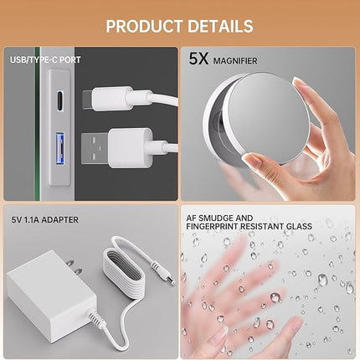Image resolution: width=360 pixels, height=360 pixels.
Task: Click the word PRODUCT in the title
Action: point(144,26)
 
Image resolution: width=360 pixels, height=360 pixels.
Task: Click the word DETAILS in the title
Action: point(220,26)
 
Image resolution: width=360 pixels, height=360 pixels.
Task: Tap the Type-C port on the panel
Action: point(60,100)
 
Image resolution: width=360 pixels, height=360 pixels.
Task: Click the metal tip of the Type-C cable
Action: point(88,100)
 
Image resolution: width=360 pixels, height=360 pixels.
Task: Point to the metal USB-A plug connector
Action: point(95,148)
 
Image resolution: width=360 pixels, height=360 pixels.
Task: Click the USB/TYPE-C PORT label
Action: point(45,59)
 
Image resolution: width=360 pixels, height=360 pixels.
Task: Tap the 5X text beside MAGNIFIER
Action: point(198,59)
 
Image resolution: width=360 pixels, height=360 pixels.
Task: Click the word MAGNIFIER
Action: point(235,61)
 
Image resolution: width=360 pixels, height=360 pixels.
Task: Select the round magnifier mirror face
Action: point(266,117)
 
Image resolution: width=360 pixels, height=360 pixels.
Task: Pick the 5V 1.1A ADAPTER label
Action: point(45,220)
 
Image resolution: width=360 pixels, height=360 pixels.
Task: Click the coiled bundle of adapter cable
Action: point(123,271)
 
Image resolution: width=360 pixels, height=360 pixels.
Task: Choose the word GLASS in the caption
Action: point(298,226)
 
